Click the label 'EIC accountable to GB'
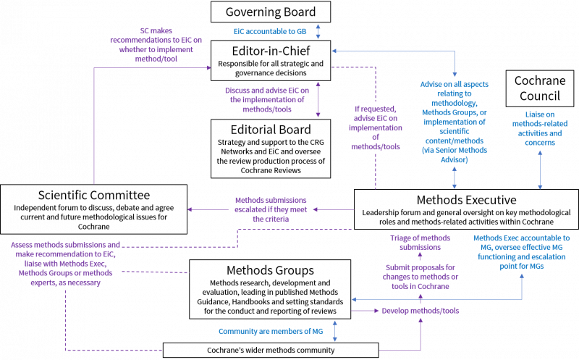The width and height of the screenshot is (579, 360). pos(266,33)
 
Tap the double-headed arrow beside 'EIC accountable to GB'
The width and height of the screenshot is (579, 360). pos(318,32)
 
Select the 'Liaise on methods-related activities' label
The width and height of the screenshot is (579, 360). pos(541,128)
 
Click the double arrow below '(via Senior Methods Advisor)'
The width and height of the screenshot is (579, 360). pos(455,177)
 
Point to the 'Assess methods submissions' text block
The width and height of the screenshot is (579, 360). pos(66,263)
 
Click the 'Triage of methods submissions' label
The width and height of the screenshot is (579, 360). pos(420,243)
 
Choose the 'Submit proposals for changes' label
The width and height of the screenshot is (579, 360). pos(420,277)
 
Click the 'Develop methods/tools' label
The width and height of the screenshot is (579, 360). pos(420,311)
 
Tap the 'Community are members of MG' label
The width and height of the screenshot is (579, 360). pos(271,332)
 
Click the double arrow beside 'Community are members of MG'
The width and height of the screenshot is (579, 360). pos(335,332)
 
